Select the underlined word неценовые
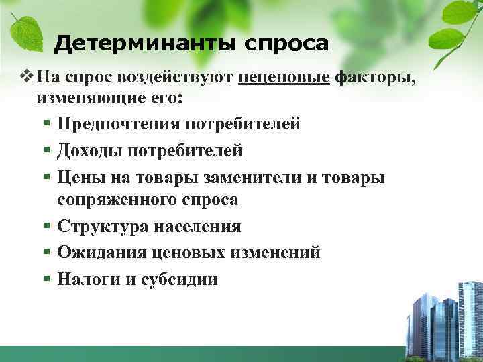(x=284, y=78)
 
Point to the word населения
(x=199, y=227)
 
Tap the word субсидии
(x=179, y=279)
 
